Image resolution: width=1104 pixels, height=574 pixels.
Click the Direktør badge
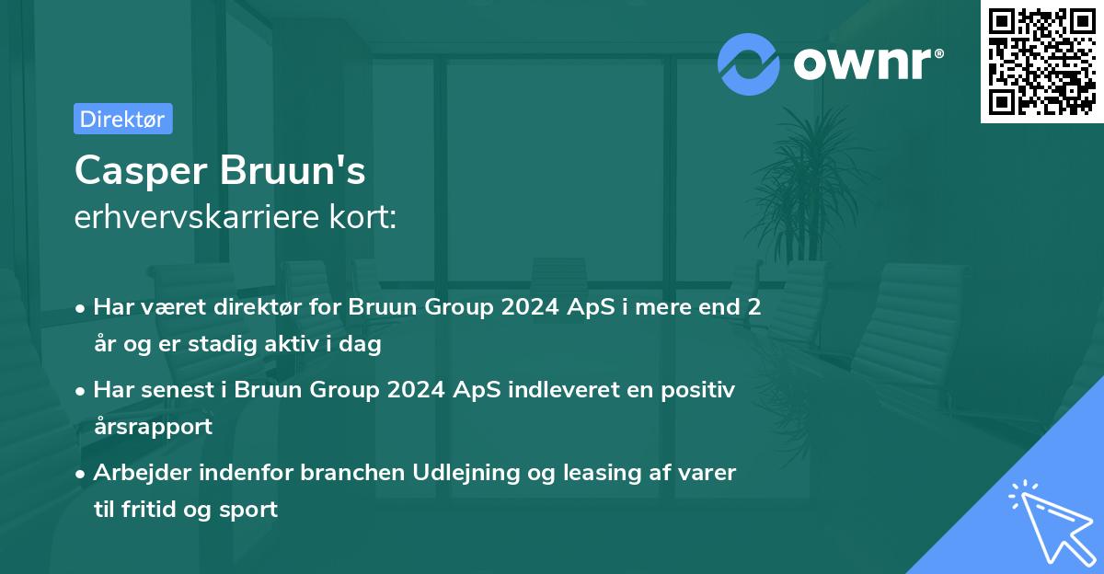pos(122,119)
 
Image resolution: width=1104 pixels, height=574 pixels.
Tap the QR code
pos(1041,62)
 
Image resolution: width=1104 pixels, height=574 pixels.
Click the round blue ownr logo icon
pos(749,63)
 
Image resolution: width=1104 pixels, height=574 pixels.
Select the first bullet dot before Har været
pos(82,308)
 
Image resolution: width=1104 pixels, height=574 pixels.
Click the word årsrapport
pos(153,426)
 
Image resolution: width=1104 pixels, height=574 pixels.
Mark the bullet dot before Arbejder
pos(82,474)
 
